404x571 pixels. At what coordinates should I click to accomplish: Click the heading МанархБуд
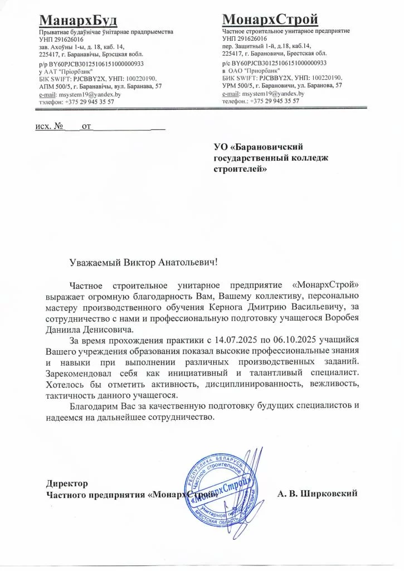(x=78, y=21)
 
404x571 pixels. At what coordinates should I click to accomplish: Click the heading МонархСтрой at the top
(x=270, y=20)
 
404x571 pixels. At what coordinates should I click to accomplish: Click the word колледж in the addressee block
(x=310, y=158)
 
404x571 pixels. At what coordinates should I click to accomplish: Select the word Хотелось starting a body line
(x=65, y=385)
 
